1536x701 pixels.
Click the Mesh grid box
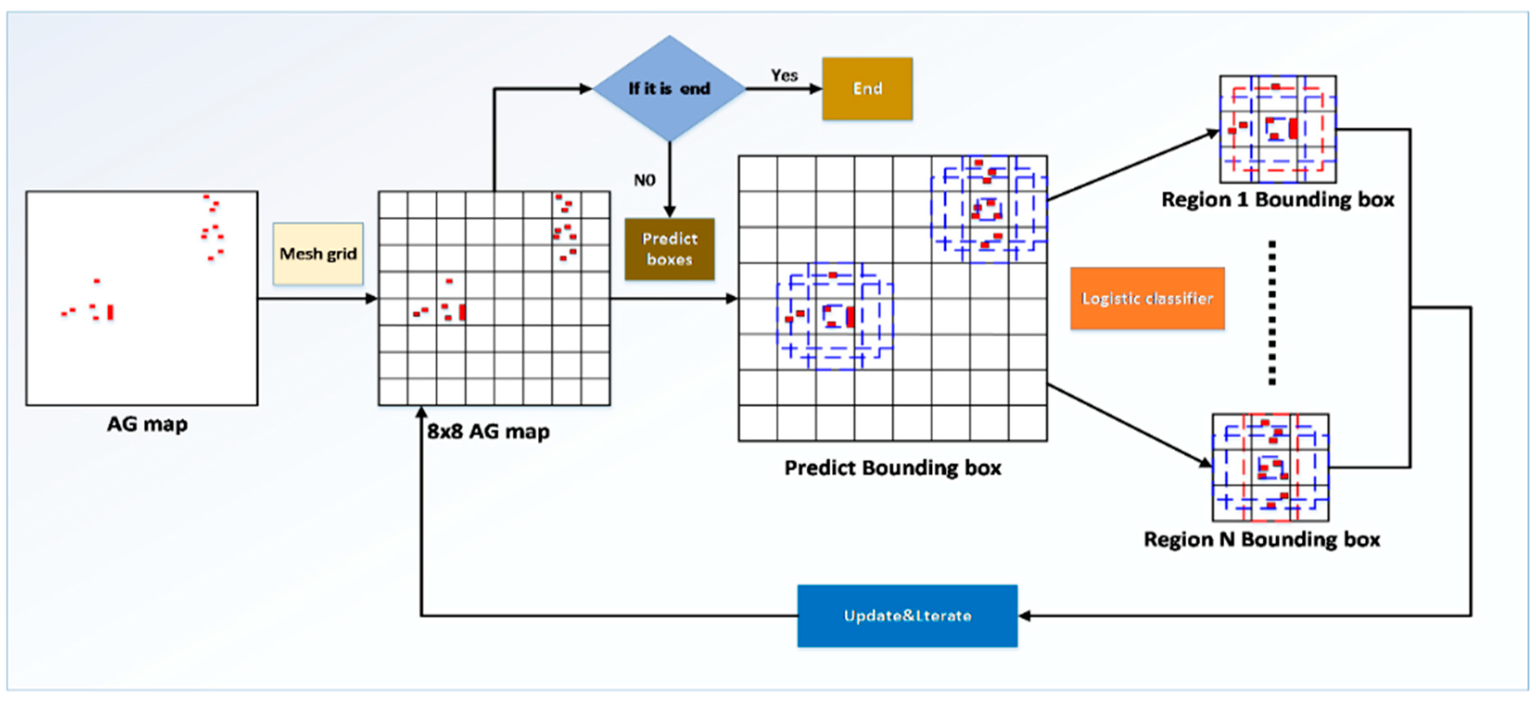pyautogui.click(x=318, y=253)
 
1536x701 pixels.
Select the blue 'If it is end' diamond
pyautogui.click(x=669, y=88)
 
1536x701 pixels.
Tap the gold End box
pyautogui.click(x=867, y=88)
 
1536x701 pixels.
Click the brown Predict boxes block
pyautogui.click(x=669, y=249)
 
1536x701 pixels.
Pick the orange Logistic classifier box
pyautogui.click(x=1147, y=298)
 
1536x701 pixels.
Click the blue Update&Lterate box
pyautogui.click(x=907, y=615)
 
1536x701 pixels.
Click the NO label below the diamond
pyautogui.click(x=644, y=180)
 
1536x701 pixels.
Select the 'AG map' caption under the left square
pyautogui.click(x=147, y=424)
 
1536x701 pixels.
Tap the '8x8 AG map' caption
pyautogui.click(x=488, y=431)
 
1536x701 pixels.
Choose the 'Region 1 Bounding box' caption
pyautogui.click(x=1277, y=199)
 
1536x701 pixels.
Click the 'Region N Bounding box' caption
pyautogui.click(x=1261, y=540)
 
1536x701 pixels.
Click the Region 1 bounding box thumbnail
pyautogui.click(x=1277, y=129)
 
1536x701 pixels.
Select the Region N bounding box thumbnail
pyautogui.click(x=1270, y=467)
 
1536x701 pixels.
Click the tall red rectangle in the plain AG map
pyautogui.click(x=110, y=312)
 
